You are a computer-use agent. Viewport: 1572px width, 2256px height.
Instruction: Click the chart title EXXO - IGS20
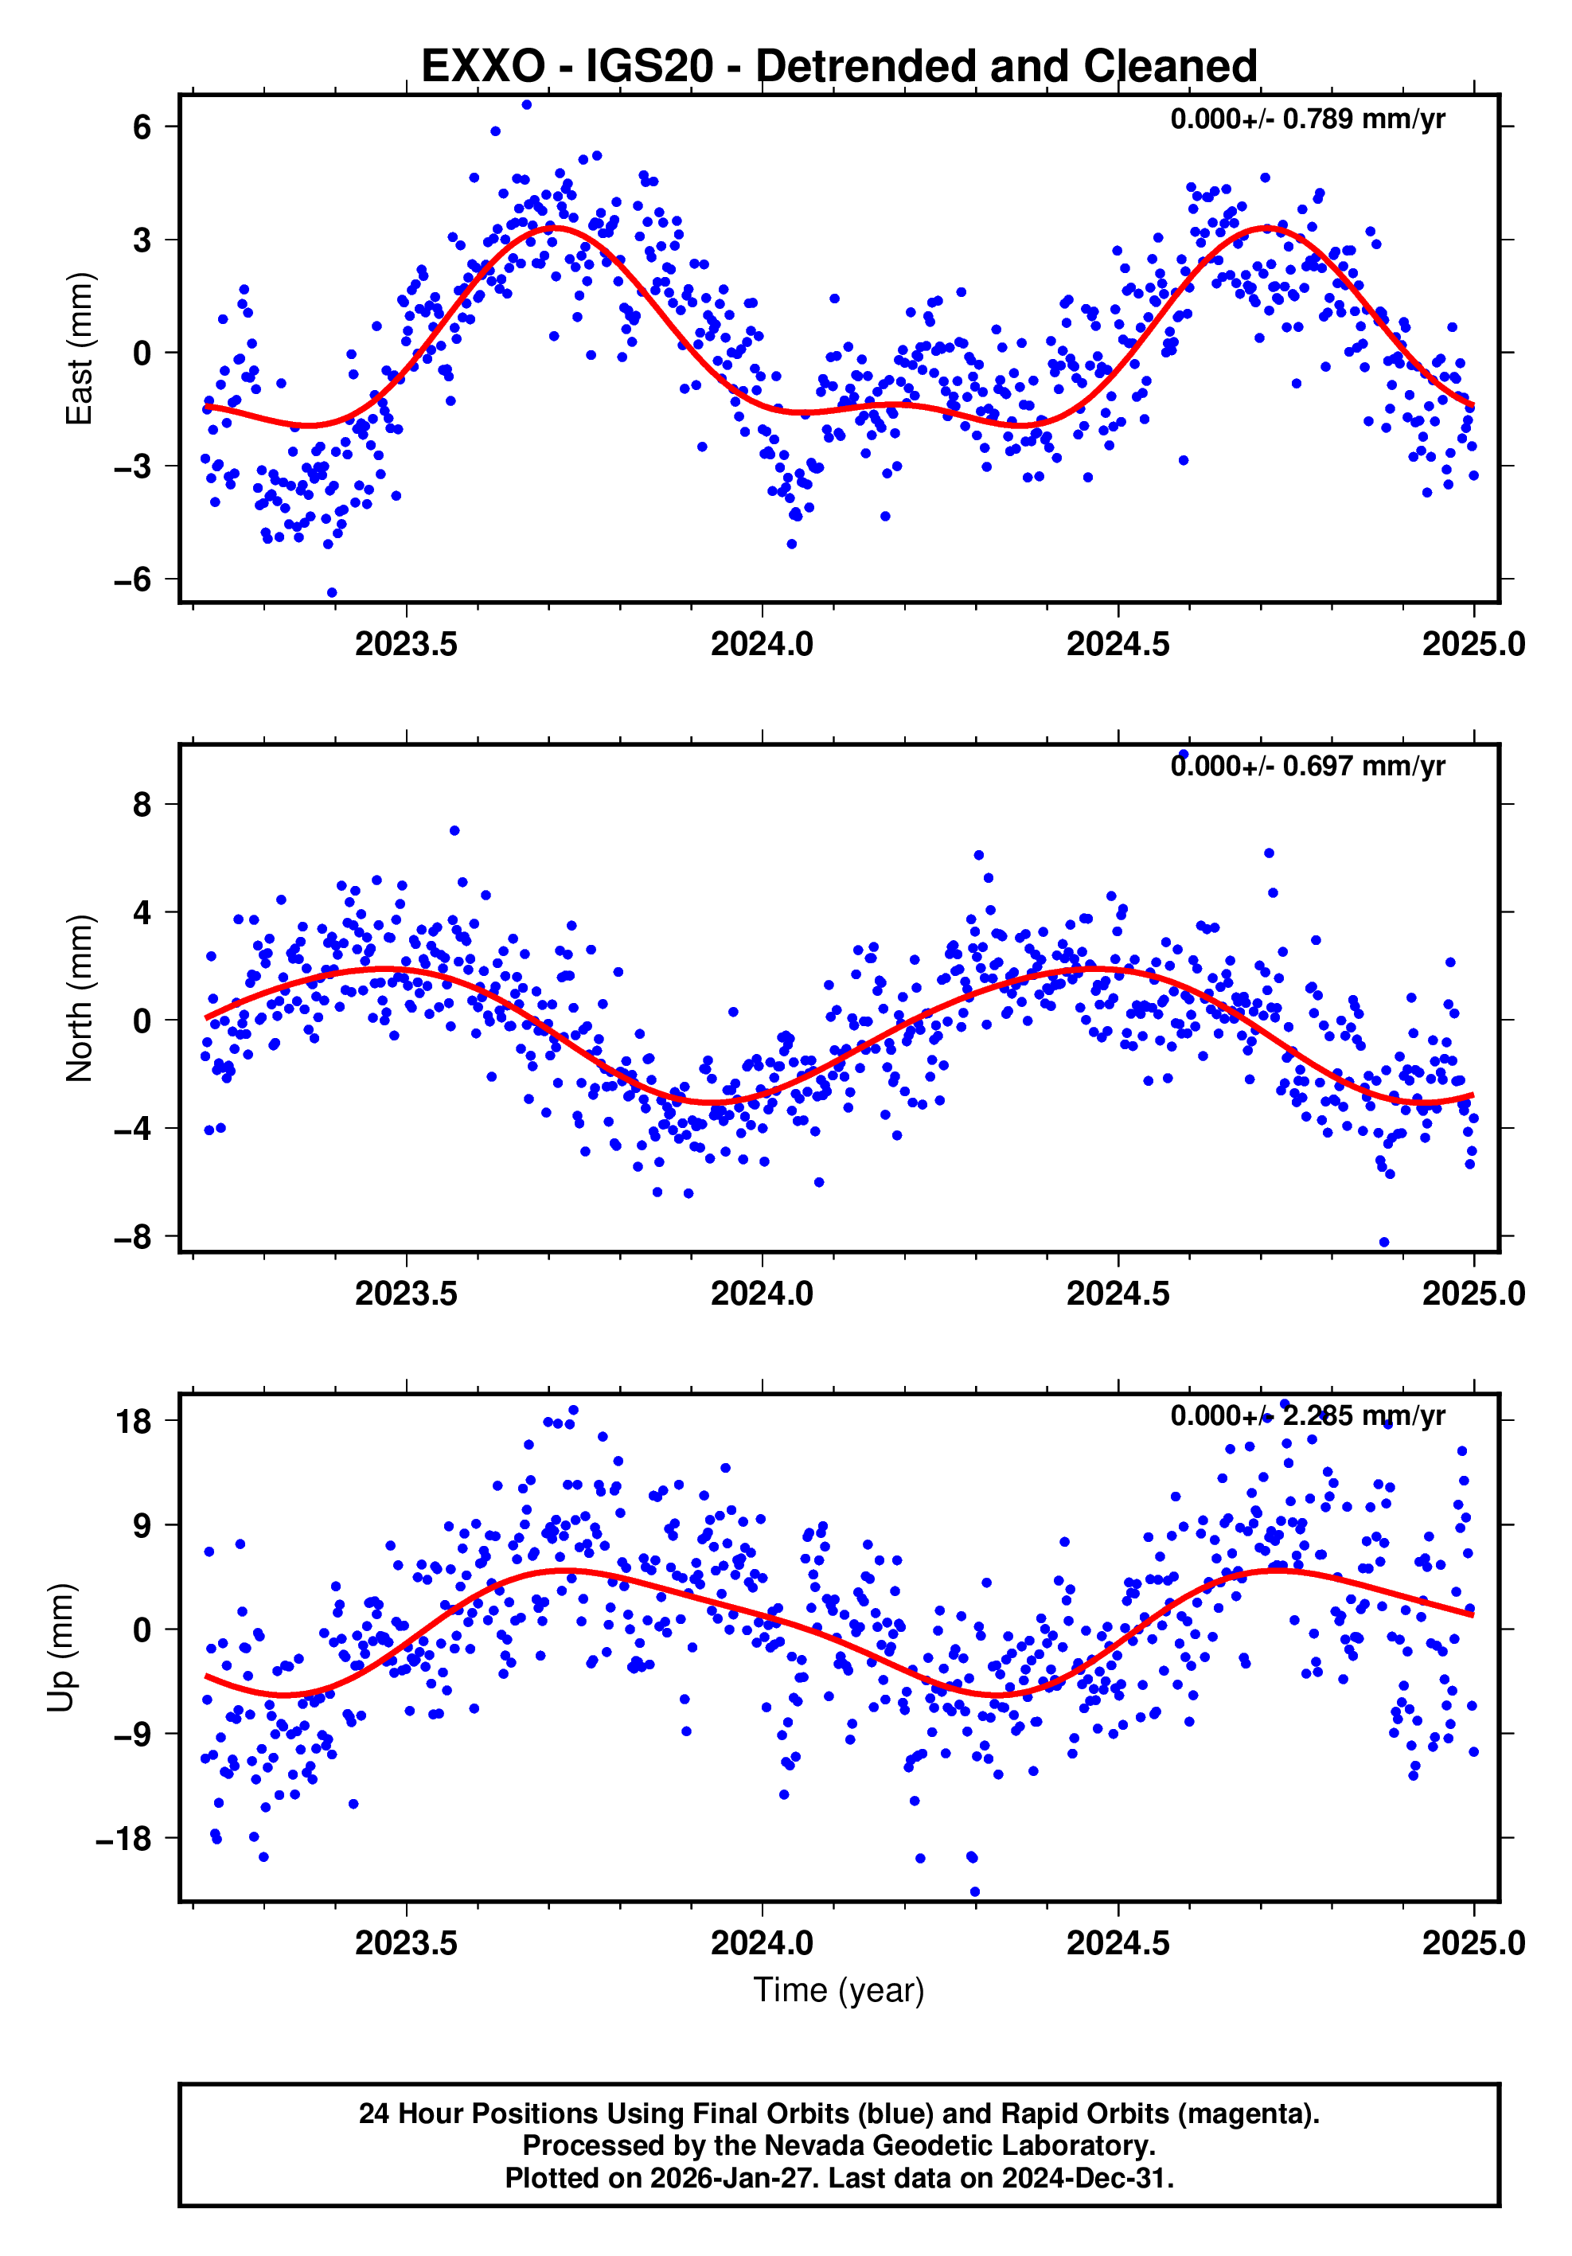838,67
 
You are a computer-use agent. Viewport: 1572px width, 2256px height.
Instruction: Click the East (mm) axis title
79,349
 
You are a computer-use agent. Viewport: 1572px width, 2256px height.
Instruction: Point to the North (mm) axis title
79,998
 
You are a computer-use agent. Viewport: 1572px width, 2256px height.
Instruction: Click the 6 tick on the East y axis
142,127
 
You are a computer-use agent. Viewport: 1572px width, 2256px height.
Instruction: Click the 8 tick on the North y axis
142,805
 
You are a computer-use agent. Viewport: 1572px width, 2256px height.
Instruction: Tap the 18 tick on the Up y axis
134,1422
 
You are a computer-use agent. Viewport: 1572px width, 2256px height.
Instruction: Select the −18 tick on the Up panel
123,1838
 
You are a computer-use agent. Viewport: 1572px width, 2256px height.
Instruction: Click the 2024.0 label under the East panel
762,646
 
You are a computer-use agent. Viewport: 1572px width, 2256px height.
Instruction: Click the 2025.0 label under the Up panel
1473,1943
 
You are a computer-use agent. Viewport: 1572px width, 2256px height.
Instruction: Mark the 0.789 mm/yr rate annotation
1307,119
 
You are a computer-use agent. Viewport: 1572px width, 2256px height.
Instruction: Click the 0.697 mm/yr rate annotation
1307,767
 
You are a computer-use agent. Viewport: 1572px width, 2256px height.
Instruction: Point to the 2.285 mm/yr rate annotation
1307,1416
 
